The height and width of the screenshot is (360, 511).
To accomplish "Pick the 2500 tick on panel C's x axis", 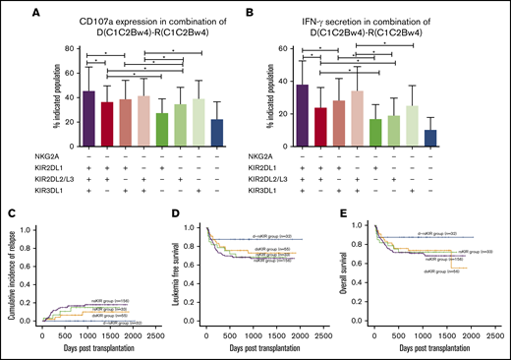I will (x=160, y=335).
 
